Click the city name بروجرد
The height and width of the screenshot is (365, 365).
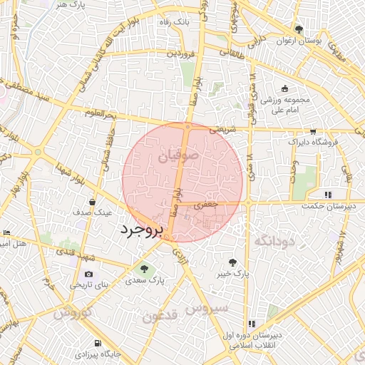[141, 230]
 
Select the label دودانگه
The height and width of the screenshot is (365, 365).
[273, 242]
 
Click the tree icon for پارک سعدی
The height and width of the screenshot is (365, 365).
[144, 269]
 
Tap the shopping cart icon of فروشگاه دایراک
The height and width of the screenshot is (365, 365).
[313, 132]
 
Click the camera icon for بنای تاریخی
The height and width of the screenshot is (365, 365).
[88, 274]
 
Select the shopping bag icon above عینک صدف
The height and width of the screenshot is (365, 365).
[91, 202]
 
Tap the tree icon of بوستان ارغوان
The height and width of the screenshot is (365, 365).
[298, 30]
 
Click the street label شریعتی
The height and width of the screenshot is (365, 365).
[221, 130]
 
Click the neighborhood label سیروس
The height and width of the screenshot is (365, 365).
[207, 308]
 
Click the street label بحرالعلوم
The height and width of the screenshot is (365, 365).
[98, 114]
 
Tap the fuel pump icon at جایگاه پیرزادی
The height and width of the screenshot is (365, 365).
[97, 342]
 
